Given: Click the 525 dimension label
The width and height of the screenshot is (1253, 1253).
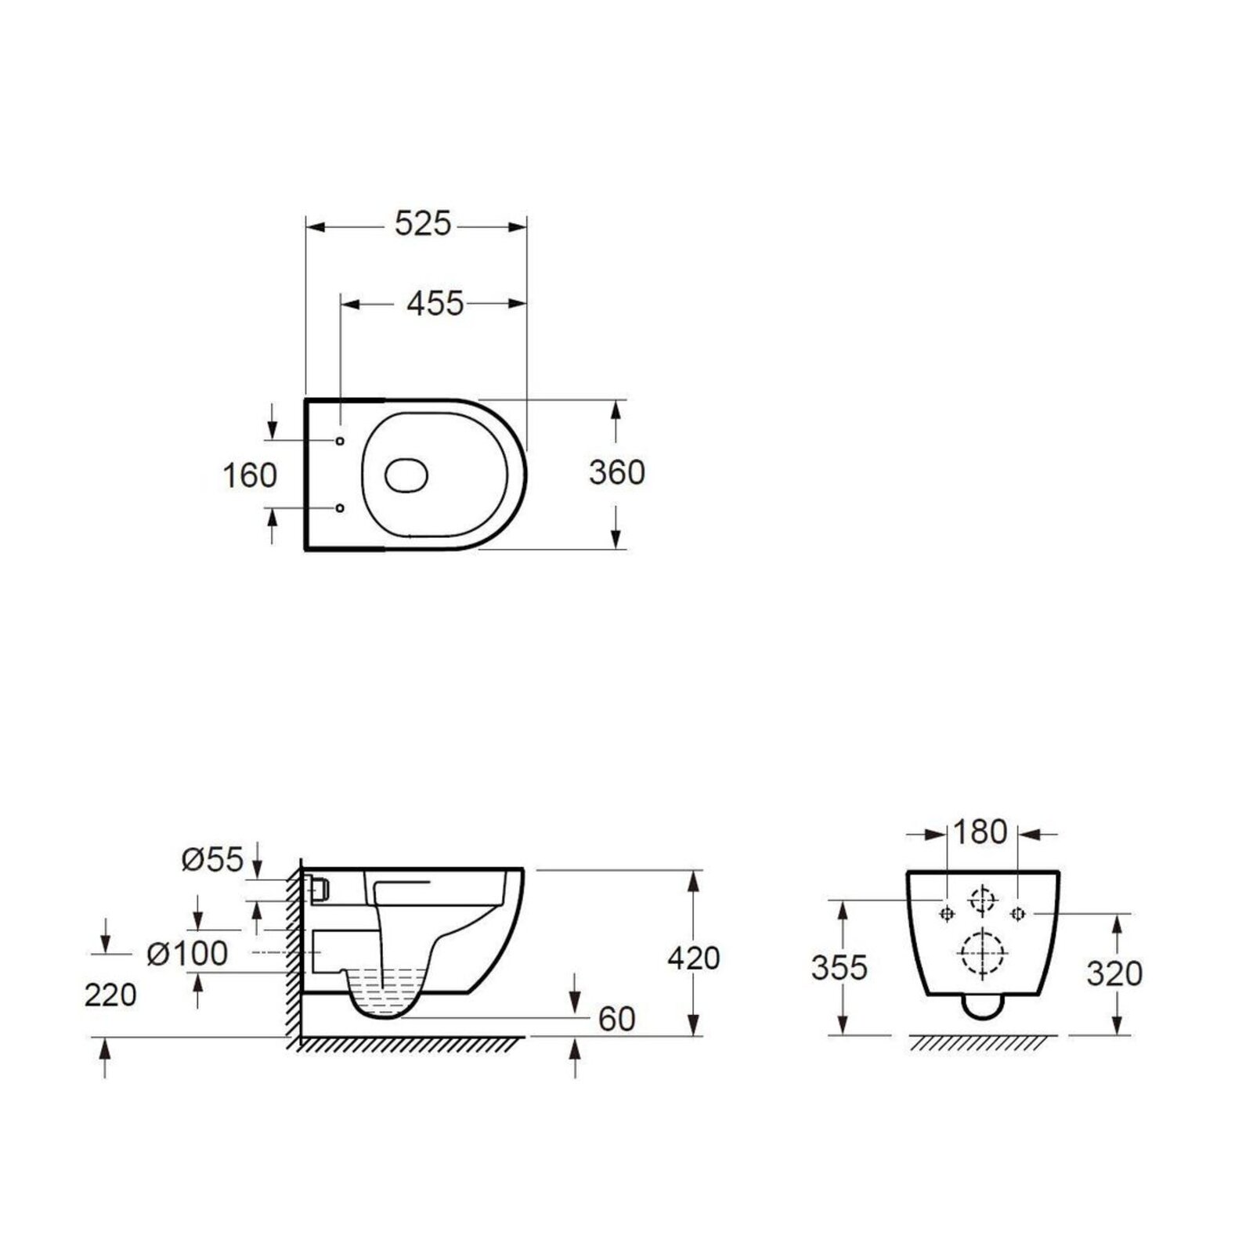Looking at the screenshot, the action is [x=423, y=225].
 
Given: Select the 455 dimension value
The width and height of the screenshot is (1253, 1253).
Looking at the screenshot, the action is [x=435, y=303].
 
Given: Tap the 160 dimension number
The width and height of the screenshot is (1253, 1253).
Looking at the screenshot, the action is [x=250, y=475].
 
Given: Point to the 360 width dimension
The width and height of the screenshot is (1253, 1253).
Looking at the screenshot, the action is [x=617, y=472].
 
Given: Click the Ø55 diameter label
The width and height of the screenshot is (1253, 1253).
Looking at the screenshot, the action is [x=212, y=860].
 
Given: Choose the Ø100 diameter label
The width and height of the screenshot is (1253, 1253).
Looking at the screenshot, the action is [x=188, y=953].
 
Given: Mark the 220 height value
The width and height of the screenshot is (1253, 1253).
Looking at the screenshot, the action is [x=110, y=995].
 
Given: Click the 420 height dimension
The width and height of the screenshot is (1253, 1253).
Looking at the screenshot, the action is [x=693, y=958].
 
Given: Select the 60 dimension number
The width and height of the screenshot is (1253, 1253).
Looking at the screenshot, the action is [x=617, y=1019].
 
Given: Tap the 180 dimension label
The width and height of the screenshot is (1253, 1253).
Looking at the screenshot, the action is [x=980, y=832].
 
